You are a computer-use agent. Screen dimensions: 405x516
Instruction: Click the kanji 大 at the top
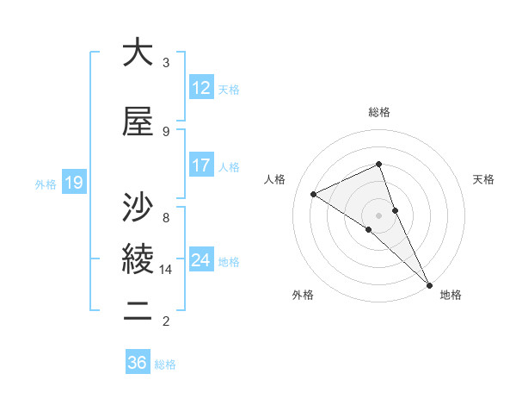(138, 53)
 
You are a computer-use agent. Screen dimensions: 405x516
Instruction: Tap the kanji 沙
(138, 206)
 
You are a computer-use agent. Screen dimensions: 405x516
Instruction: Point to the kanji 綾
(138, 258)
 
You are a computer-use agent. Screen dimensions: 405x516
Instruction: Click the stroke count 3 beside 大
(166, 63)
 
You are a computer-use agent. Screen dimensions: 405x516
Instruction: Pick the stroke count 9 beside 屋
(166, 132)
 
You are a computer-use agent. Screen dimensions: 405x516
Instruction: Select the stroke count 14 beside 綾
(166, 270)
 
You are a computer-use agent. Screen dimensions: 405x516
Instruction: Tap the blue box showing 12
(201, 88)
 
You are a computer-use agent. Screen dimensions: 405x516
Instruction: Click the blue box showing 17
(201, 165)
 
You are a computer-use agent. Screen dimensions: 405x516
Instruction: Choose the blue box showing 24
(201, 260)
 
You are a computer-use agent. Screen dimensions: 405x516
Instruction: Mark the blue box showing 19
(74, 182)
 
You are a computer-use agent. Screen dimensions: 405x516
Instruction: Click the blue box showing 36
(138, 363)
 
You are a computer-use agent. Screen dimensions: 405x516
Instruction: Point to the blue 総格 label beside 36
(165, 364)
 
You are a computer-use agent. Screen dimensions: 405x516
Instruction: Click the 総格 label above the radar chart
(379, 113)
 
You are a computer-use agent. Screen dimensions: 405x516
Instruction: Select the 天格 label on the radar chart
(483, 179)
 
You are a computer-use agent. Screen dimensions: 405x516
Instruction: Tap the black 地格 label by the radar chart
(451, 295)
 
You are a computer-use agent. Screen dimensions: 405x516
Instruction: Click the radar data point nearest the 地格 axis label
(428, 283)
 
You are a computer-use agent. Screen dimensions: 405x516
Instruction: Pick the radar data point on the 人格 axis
(314, 194)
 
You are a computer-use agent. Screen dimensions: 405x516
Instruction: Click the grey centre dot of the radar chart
(378, 215)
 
